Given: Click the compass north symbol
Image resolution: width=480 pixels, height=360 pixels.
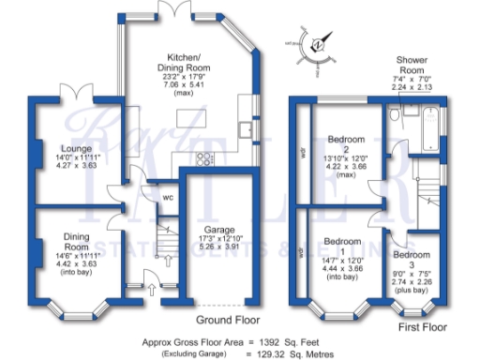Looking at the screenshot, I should [316, 43].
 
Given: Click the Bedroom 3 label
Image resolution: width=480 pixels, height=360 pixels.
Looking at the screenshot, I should [411, 255].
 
